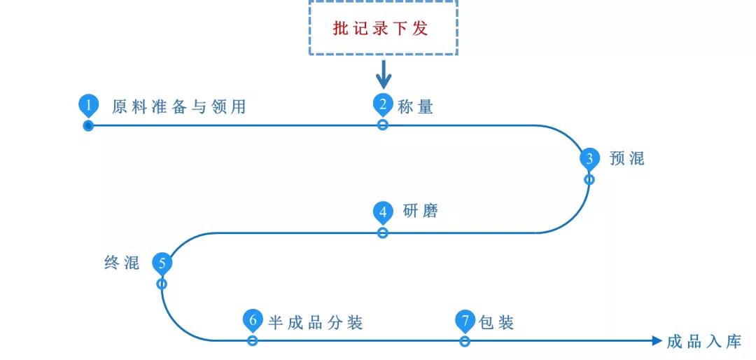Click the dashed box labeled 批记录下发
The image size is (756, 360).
coord(383,29)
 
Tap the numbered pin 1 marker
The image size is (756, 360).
coord(88,106)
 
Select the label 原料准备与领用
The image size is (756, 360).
coord(179,106)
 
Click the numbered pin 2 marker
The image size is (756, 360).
coord(383,105)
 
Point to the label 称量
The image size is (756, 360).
coord(416,106)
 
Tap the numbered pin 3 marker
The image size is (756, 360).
coord(589,159)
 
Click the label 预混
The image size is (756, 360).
coord(626,158)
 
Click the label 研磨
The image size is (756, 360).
coord(421,212)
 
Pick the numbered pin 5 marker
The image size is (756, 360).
coord(162,264)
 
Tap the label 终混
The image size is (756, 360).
coord(122,263)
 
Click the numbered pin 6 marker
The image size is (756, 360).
coord(253,321)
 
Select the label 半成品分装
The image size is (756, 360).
coord(316,322)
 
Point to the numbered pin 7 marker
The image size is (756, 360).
coord(465,321)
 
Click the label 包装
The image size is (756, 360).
coord(497,322)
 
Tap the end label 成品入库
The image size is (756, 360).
coord(703,342)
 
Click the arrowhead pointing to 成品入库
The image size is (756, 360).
coord(656,341)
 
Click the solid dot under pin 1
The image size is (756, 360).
coord(88,126)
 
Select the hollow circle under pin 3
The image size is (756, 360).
coord(589,179)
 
